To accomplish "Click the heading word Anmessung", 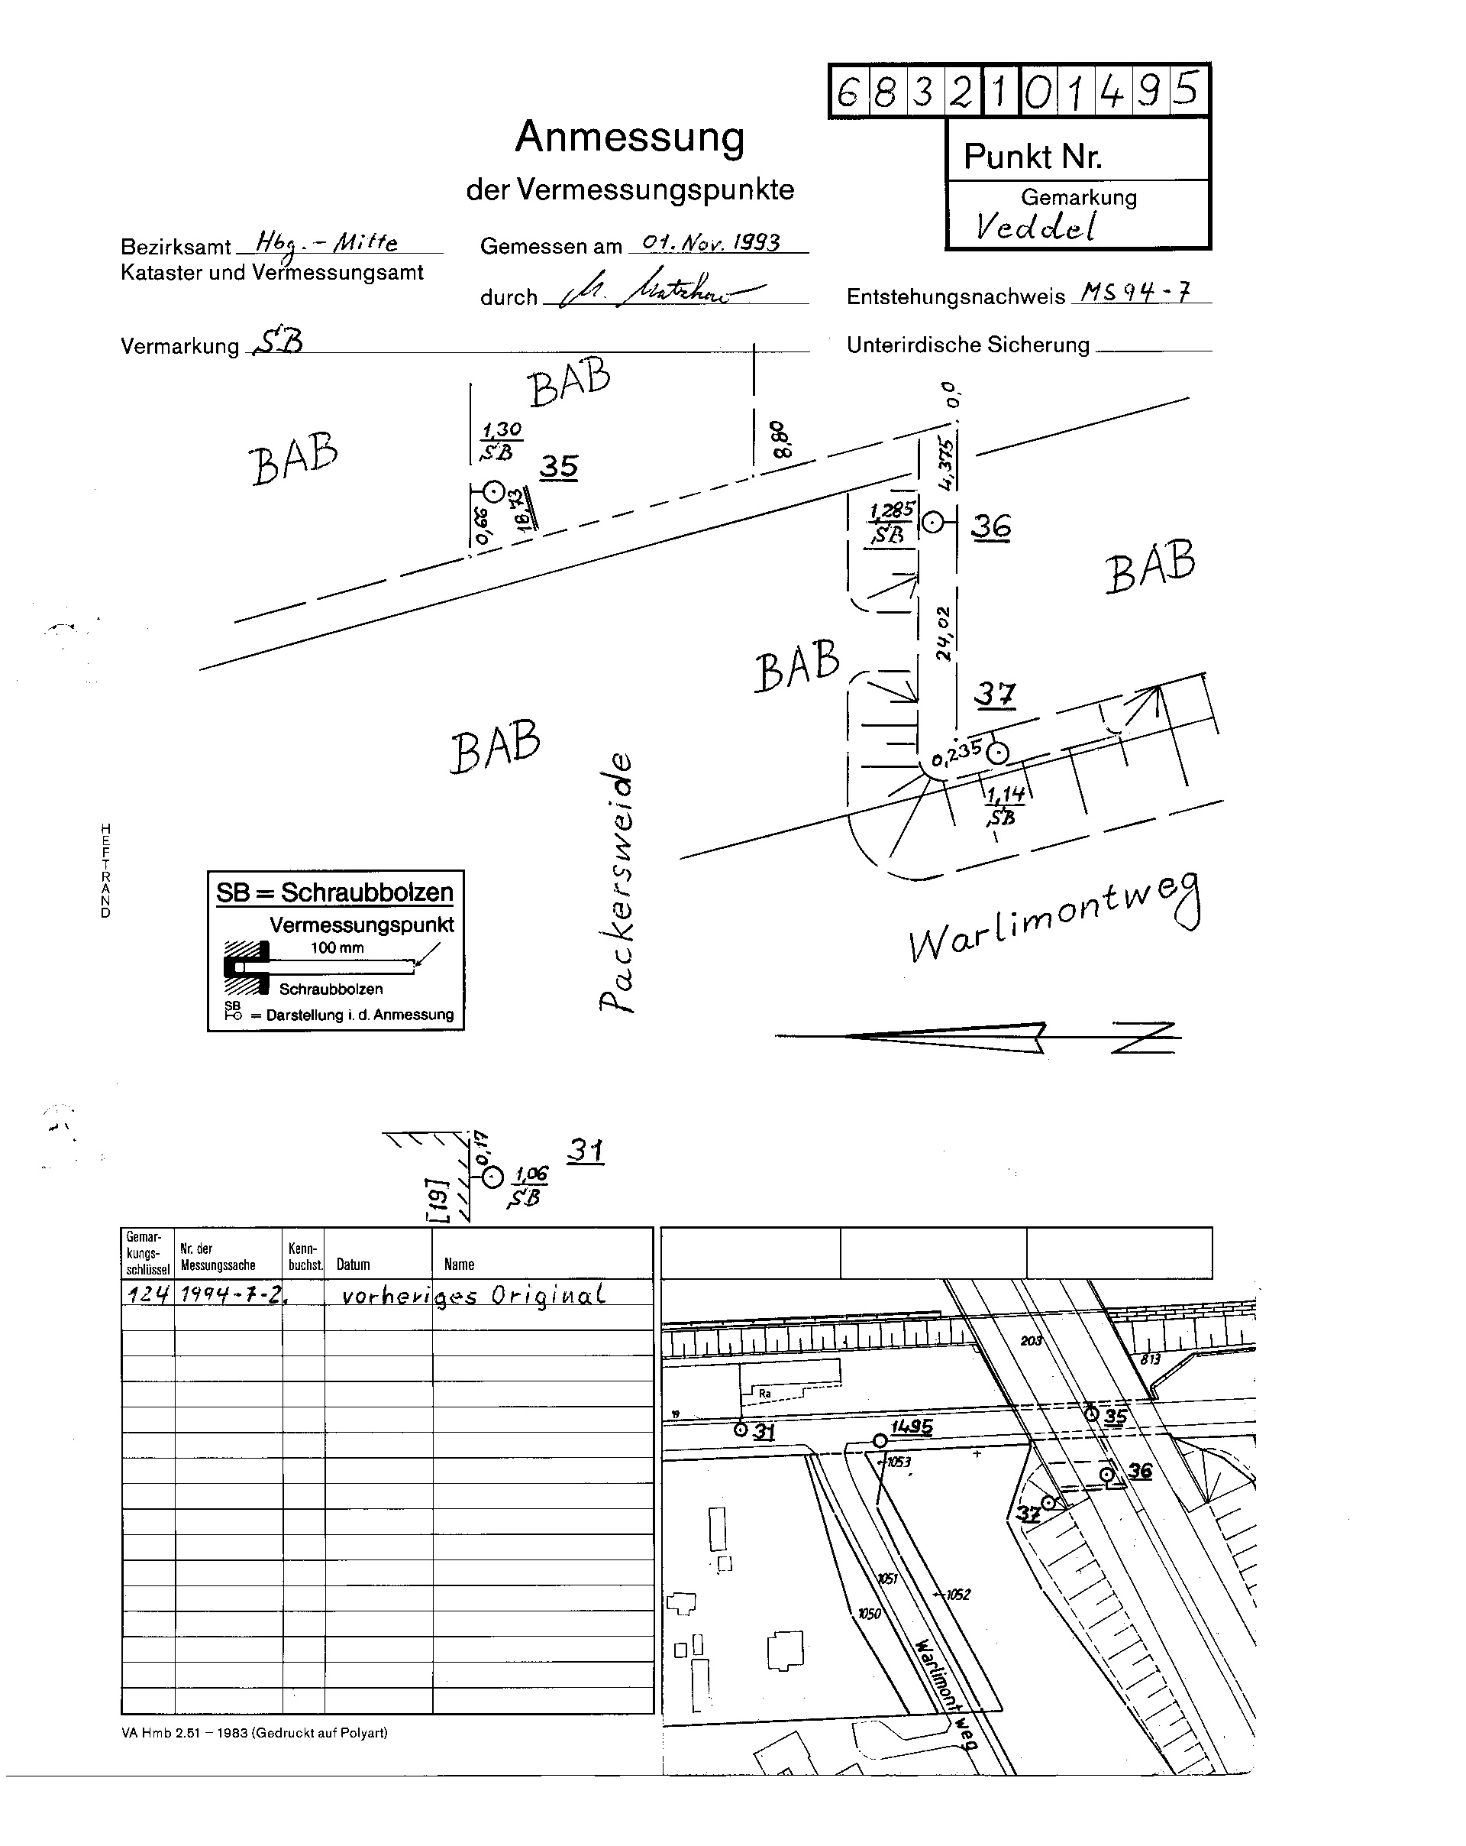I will tap(629, 137).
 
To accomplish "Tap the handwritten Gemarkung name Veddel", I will tap(1035, 226).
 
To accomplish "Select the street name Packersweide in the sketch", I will tap(617, 882).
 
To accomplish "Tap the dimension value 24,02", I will tap(942, 633).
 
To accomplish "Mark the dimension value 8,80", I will tap(780, 439).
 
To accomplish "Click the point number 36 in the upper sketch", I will tap(991, 526).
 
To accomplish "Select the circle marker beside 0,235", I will tap(997, 753).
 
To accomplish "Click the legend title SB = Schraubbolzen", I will tap(334, 893).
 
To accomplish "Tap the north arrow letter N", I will tap(1146, 1038).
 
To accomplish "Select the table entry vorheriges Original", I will tap(473, 1294).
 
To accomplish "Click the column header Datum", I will tap(353, 1265).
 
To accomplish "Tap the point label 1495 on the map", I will tap(912, 1427).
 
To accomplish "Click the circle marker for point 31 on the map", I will tap(741, 1429).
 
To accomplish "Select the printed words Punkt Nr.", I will tap(1032, 157).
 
